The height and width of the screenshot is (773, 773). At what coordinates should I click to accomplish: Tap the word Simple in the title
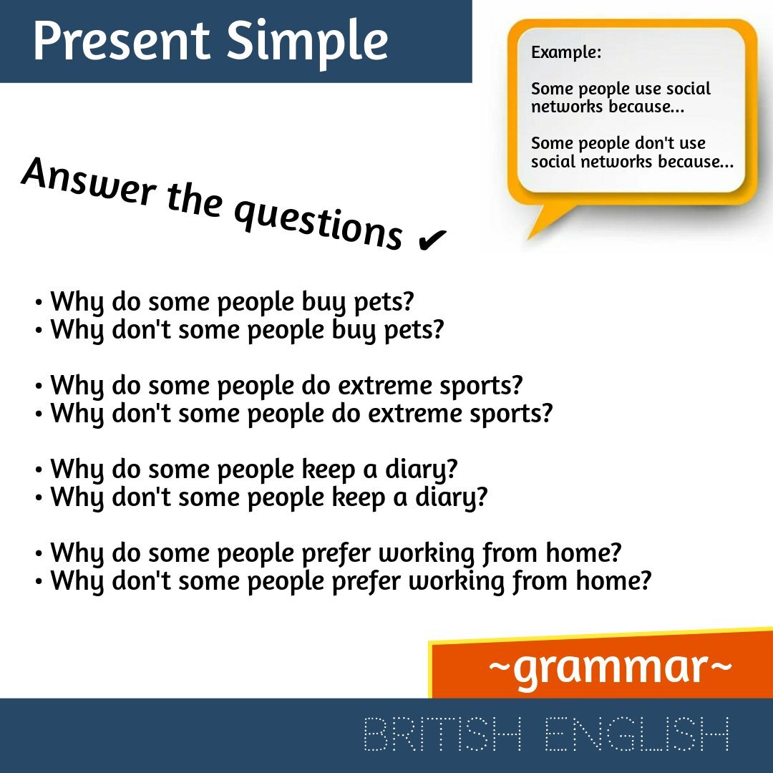pos(308,42)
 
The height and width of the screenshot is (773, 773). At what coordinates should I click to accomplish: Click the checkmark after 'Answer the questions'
pos(430,241)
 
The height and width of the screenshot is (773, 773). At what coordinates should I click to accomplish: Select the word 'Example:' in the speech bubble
pos(566,52)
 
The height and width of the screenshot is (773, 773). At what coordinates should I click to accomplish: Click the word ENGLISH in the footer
pos(637,734)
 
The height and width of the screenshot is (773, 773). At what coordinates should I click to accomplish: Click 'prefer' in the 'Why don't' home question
pos(366,580)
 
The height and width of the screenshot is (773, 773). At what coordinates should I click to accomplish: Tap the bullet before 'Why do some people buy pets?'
pos(39,303)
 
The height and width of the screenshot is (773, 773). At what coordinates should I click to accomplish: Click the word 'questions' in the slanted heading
pos(319,222)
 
